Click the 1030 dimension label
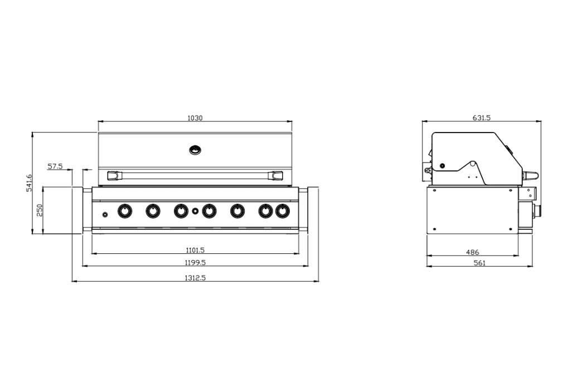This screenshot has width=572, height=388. (195, 118)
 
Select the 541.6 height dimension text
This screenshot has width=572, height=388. (29, 183)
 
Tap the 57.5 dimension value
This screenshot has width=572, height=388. (55, 166)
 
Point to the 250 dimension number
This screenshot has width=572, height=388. (40, 210)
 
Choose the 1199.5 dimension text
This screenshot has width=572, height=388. (195, 262)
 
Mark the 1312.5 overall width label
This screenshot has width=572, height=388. (195, 278)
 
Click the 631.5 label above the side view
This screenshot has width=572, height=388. (481, 118)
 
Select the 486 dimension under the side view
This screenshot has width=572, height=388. (472, 253)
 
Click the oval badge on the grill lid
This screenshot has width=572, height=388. (195, 149)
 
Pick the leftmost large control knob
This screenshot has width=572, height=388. (125, 211)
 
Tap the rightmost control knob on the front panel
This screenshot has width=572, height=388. (283, 211)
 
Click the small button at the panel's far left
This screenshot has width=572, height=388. (105, 214)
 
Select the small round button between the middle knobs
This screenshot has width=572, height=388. (195, 211)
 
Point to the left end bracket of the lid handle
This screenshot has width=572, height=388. (114, 175)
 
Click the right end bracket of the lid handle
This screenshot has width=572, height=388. (276, 175)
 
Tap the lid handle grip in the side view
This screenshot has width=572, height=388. (531, 176)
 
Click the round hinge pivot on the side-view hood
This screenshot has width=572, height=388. (442, 165)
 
